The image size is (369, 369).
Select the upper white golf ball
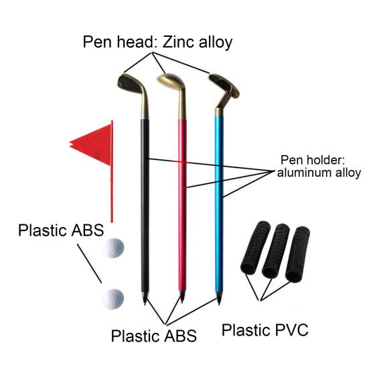(113, 248)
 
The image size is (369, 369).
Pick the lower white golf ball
(113, 299)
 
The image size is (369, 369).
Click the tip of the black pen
(145, 303)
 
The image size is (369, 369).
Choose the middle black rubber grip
(275, 250)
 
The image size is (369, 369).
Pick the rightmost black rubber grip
(297, 254)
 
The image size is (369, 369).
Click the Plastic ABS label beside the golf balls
(61, 230)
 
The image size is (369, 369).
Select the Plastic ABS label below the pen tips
(154, 336)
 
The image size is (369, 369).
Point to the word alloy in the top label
(216, 43)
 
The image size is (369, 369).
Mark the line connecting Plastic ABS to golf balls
(90, 263)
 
